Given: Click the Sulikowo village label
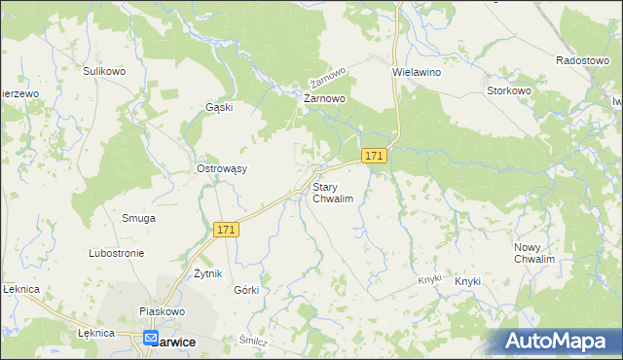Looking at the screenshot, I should tap(105, 71).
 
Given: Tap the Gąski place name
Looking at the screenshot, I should tap(219, 107).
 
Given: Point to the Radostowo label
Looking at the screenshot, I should tap(582, 59).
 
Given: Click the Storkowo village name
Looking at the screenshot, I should tap(508, 90).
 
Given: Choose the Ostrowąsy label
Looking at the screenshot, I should tap(222, 168).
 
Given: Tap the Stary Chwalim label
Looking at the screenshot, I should tap(332, 192).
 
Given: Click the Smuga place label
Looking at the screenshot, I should tap(138, 218).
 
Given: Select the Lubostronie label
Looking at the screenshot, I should tap(116, 253).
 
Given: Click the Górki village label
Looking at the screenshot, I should tap(246, 290).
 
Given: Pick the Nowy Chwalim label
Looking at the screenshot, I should tap(534, 253).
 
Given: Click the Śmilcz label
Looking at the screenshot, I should tap(253, 341).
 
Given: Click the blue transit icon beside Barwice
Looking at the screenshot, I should tap(151, 339).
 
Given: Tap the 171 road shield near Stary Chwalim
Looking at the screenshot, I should tap(375, 156).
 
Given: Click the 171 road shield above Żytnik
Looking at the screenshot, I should tap(226, 229).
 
